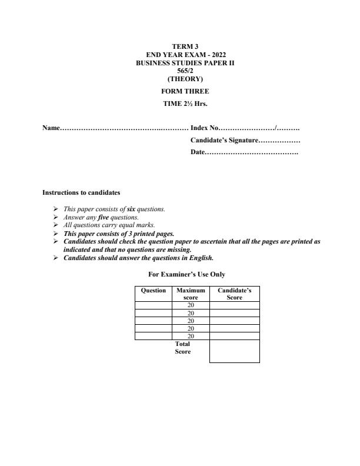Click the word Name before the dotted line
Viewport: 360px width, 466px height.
point(51,128)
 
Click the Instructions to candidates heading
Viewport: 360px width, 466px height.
point(81,192)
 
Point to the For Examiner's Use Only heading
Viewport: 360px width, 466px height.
point(187,274)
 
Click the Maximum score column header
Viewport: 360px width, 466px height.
point(190,294)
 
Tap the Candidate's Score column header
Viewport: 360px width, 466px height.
point(234,294)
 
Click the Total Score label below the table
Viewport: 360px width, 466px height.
point(183,348)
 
